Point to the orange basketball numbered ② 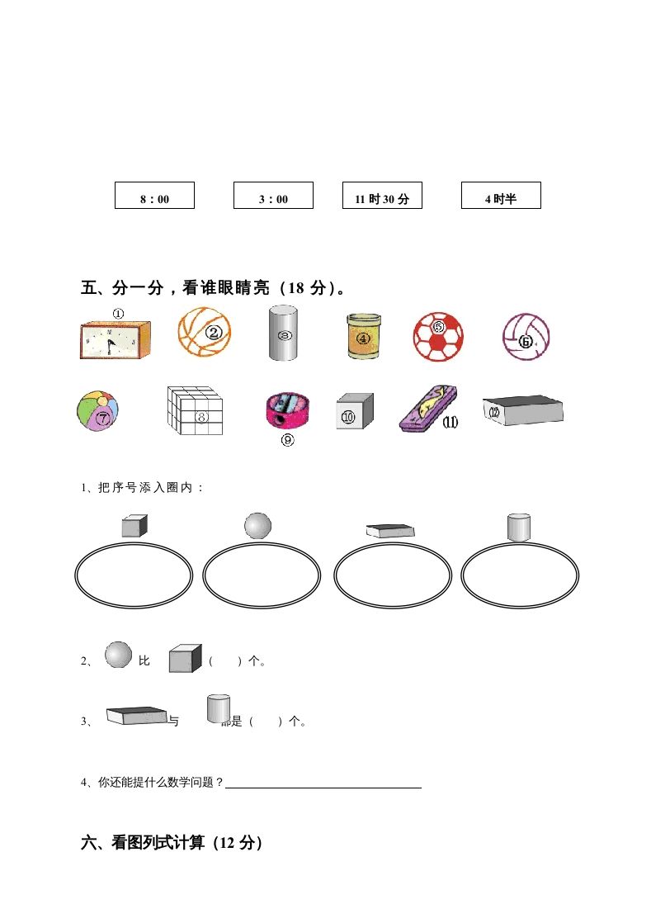point(205,332)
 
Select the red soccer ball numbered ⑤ point(438,336)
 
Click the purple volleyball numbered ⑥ point(526,337)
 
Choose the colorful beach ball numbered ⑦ point(98,411)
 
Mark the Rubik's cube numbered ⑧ point(195,409)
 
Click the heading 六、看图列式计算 point(172,843)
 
